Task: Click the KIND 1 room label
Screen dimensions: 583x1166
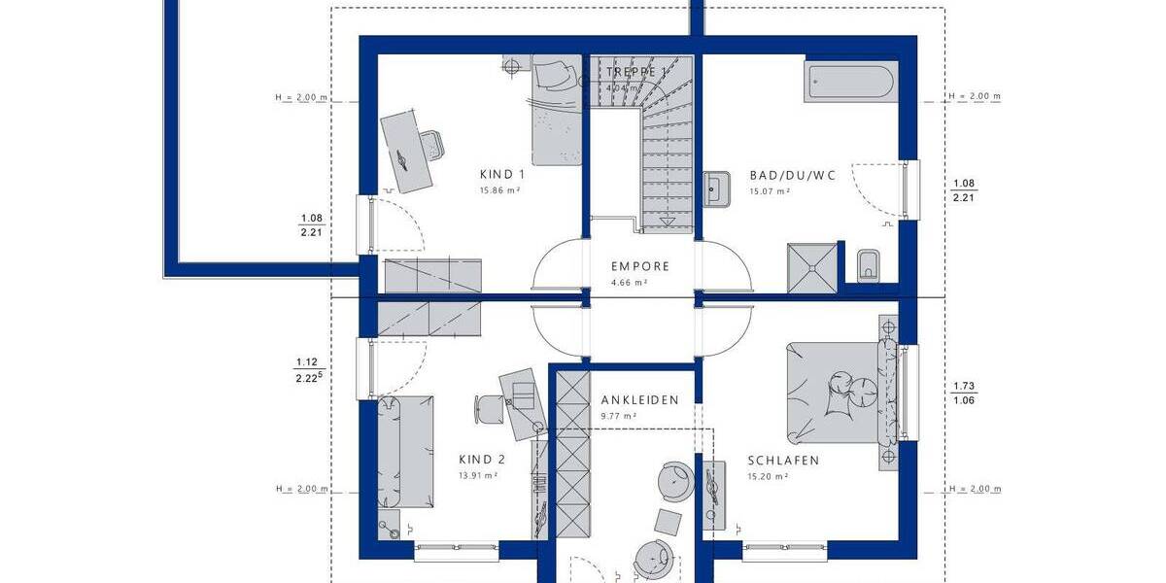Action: click(502, 175)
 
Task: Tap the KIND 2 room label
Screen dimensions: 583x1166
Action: click(482, 460)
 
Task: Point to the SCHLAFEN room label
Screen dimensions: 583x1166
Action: click(783, 461)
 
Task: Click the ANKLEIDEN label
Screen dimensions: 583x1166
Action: click(639, 400)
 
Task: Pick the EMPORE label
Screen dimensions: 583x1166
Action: click(639, 266)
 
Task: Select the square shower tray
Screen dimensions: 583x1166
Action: click(810, 266)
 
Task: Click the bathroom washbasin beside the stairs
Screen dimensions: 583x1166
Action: click(717, 187)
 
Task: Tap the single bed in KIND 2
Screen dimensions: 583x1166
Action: click(402, 452)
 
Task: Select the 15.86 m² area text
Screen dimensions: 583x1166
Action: click(499, 191)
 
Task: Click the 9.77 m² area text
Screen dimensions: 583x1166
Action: click(618, 416)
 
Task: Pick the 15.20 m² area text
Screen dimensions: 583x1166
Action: click(767, 477)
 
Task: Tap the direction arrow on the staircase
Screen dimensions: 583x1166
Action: click(668, 223)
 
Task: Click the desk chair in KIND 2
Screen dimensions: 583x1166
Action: click(488, 408)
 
